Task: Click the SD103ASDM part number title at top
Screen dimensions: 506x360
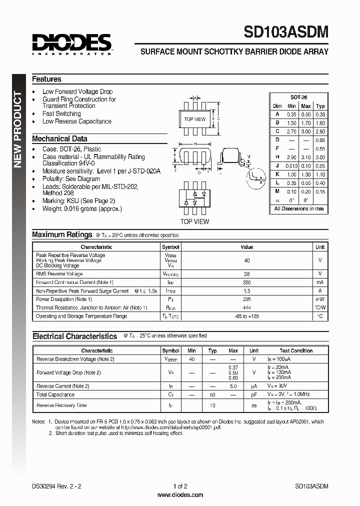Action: point(286,32)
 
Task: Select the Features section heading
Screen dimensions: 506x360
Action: point(46,79)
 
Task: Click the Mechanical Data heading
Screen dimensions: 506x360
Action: point(59,139)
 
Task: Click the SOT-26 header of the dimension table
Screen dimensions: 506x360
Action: point(298,97)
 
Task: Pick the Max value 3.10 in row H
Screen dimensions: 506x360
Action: point(306,157)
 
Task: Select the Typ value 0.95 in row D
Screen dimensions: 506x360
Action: point(320,140)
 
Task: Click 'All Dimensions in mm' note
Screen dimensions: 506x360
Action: point(298,209)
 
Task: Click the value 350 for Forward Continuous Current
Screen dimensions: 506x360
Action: point(246,282)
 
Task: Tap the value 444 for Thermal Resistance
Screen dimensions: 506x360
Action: point(246,307)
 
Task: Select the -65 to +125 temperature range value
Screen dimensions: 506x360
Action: point(246,316)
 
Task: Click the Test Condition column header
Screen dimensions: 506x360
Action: point(296,351)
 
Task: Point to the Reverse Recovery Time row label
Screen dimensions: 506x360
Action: point(61,405)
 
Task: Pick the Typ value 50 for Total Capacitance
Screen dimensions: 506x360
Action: point(212,395)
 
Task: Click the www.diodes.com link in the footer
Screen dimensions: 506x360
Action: point(180,495)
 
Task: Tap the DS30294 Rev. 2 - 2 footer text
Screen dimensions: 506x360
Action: point(56,486)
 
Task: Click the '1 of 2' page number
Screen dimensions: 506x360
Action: point(180,486)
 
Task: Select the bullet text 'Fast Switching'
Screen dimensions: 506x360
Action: point(61,113)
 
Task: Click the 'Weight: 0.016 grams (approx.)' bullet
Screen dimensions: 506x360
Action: point(82,208)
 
